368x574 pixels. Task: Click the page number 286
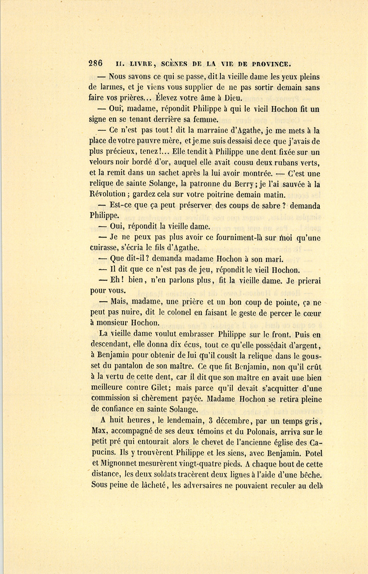96,63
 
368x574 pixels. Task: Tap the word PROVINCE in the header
271,64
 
